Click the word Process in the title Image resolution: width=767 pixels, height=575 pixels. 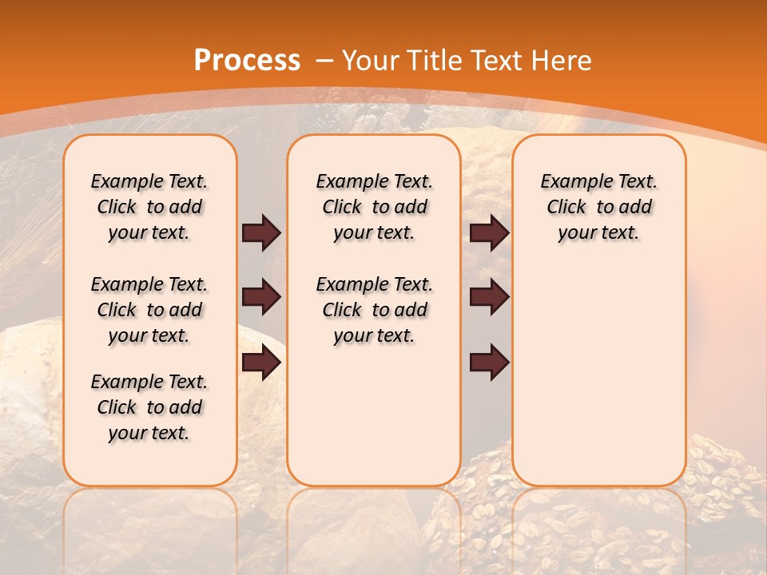(247, 61)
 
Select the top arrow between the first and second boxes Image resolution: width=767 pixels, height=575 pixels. (261, 232)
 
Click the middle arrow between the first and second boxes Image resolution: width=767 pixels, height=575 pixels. (261, 297)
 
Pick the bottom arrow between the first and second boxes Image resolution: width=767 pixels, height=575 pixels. (261, 363)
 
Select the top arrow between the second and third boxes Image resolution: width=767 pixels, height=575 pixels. (489, 232)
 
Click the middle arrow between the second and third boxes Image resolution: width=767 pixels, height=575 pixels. (489, 297)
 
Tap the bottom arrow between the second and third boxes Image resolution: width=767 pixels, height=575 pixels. (489, 363)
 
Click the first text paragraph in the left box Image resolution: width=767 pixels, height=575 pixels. (149, 207)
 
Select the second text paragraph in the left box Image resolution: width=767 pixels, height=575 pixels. (149, 310)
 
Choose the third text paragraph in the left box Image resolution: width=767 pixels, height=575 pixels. (149, 407)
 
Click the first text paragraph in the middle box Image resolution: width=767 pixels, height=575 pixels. (374, 207)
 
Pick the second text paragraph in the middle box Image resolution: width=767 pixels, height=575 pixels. (374, 310)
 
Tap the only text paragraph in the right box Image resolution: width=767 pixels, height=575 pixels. (598, 207)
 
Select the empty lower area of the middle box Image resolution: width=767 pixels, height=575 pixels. (374, 415)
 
